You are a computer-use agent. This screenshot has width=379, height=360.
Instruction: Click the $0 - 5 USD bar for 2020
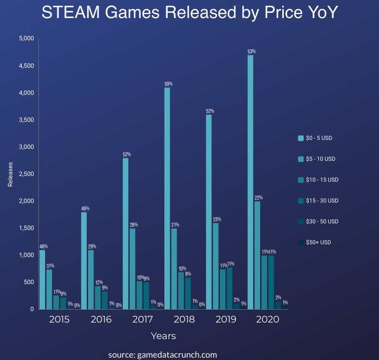click(x=250, y=182)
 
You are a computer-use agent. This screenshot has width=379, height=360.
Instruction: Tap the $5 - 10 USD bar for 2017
click(x=132, y=268)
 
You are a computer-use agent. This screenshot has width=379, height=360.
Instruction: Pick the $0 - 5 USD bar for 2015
click(x=42, y=279)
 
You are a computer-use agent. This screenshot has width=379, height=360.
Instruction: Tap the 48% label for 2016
click(x=85, y=208)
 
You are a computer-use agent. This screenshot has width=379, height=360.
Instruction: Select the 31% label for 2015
click(x=49, y=266)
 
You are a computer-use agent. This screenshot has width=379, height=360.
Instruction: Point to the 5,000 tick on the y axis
click(x=27, y=38)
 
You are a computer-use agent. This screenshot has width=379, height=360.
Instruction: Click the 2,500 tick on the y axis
click(x=27, y=174)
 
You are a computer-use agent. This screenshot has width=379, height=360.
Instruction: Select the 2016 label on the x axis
click(x=100, y=319)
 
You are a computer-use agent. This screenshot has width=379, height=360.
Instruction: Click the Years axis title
click(x=163, y=336)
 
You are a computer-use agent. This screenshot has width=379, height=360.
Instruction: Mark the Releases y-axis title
click(x=10, y=174)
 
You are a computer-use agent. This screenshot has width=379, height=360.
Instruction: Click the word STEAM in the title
click(x=71, y=13)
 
